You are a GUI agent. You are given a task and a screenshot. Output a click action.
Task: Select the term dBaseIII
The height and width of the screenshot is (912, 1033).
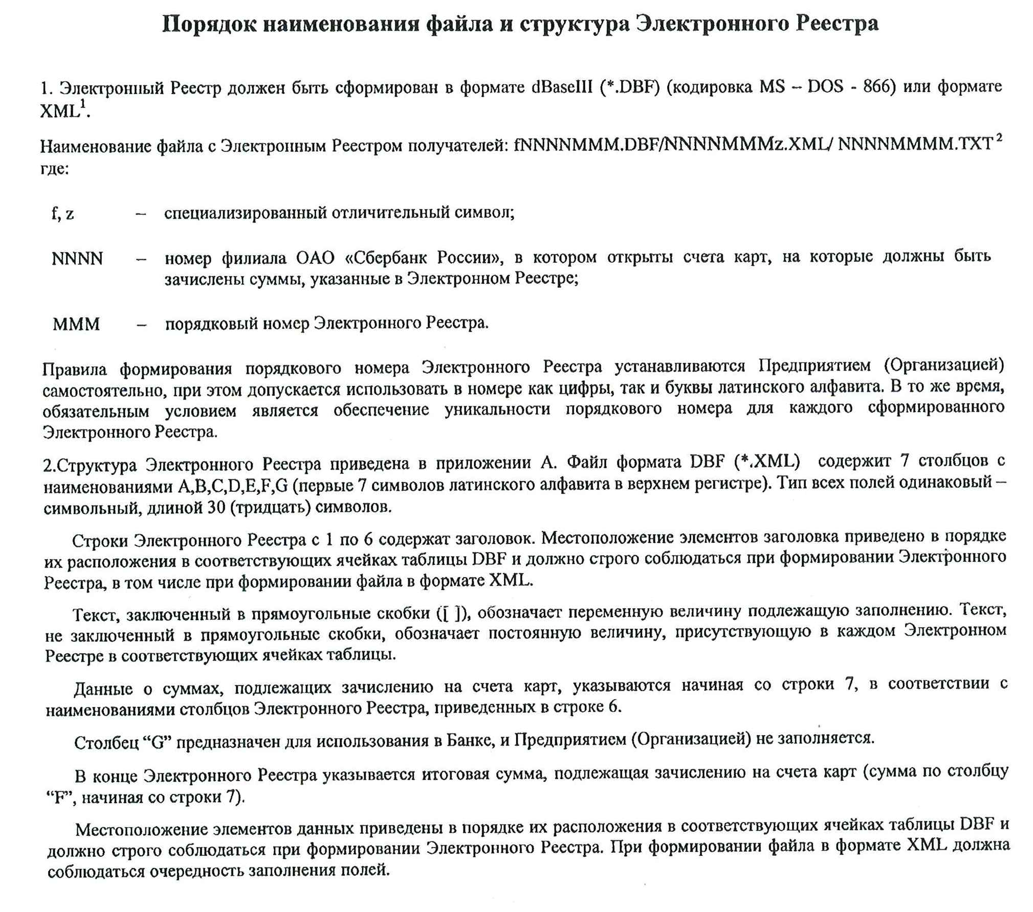point(561,87)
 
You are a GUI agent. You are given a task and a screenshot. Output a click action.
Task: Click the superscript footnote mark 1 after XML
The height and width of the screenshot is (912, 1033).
point(82,104)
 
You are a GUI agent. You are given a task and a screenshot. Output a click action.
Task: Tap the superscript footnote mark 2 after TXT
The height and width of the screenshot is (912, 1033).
point(999,138)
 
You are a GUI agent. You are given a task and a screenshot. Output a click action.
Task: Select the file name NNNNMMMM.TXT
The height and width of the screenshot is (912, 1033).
point(915,145)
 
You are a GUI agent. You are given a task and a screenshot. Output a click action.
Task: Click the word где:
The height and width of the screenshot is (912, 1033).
point(55,168)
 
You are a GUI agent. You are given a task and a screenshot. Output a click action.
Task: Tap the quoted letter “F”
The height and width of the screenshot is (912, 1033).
point(60,798)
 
